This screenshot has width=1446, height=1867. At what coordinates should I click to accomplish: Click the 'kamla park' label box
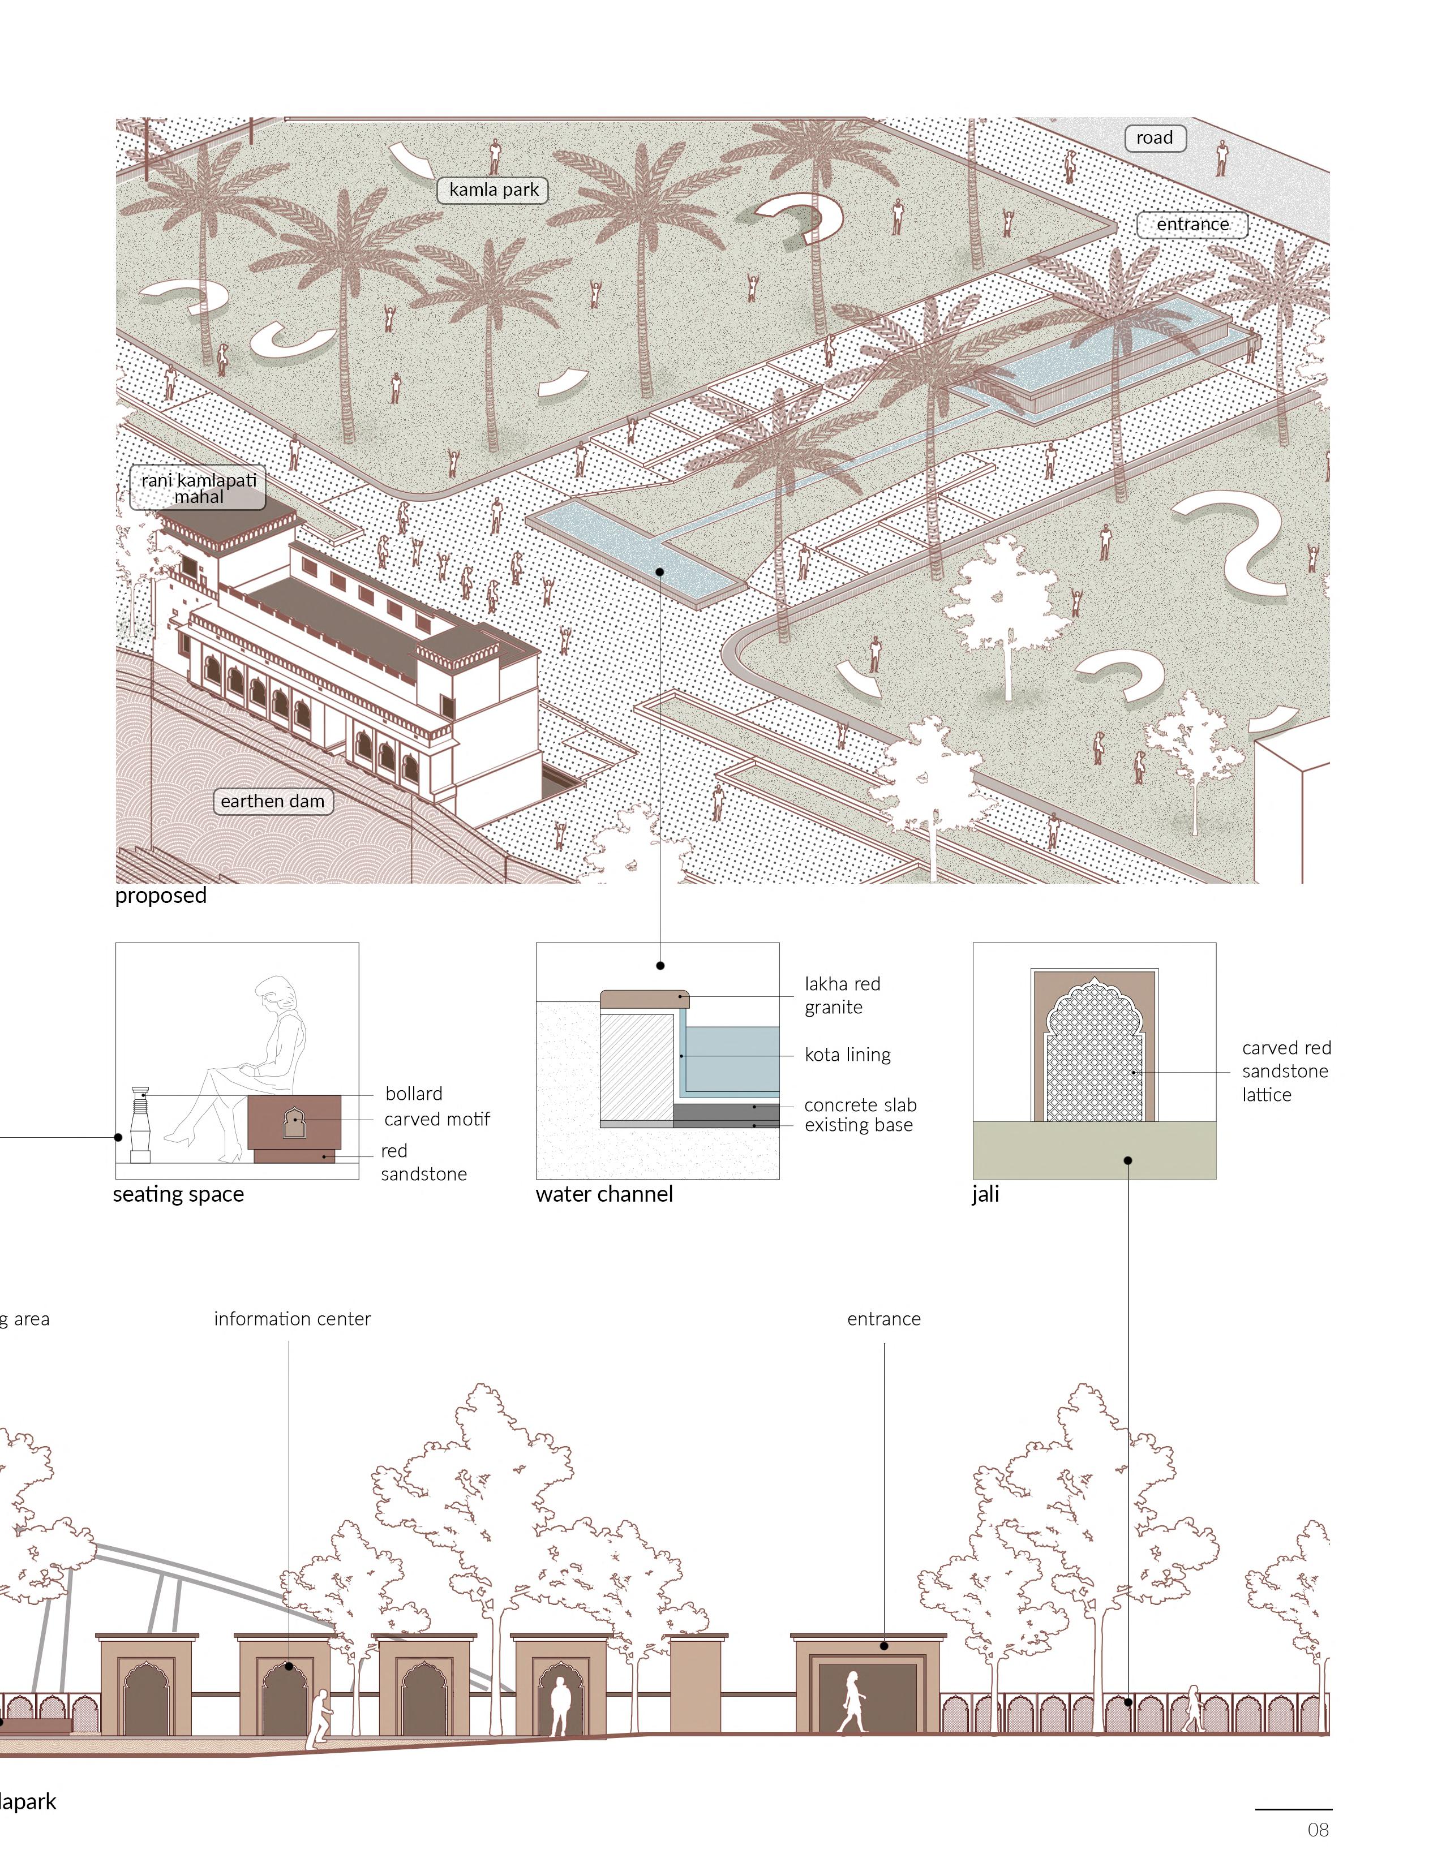coord(494,190)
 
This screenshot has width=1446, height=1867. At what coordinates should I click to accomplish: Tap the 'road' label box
coord(1155,137)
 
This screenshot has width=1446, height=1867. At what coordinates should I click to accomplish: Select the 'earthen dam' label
coord(272,801)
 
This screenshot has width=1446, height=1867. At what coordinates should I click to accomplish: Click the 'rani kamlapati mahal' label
coord(199,488)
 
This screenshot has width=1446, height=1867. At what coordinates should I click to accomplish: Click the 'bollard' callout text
coord(414,1094)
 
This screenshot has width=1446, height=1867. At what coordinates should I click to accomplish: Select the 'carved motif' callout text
coord(437,1119)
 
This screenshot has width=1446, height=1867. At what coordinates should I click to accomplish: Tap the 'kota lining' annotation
coord(847,1055)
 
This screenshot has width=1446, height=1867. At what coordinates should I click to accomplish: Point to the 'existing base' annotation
coord(859,1125)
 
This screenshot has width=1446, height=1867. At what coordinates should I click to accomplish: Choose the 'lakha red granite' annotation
coord(842,995)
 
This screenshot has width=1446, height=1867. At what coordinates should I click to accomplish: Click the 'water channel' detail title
coord(604,1194)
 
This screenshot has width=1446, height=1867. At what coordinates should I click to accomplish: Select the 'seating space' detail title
coord(179,1194)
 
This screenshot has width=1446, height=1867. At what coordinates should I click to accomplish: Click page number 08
coord(1318,1830)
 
